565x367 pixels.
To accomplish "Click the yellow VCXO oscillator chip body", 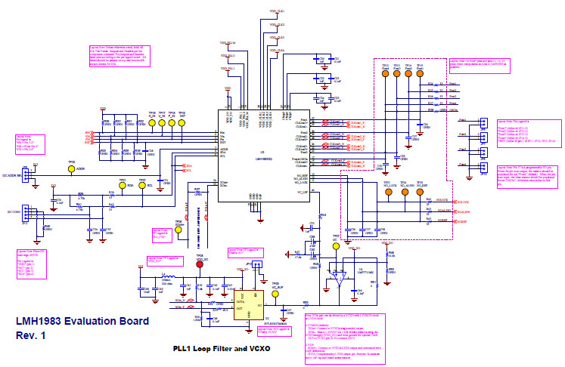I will pyautogui.click(x=247, y=305).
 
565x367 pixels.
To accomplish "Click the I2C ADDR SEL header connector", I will pyautogui.click(x=24, y=174).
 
